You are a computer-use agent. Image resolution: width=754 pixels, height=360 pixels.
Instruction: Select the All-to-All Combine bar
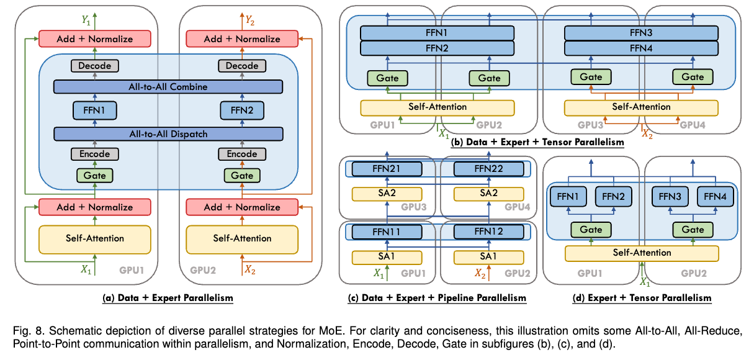tap(168, 87)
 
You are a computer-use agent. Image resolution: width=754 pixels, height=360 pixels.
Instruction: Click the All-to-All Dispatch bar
tap(168, 133)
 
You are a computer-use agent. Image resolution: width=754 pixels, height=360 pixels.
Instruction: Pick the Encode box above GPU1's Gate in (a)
tap(95, 154)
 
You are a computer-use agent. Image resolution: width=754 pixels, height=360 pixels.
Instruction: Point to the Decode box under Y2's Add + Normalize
tap(242, 66)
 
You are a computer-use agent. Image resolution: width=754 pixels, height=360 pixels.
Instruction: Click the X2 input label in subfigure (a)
tap(249, 269)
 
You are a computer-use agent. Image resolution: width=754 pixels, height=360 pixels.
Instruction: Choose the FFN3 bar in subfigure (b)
tap(641, 32)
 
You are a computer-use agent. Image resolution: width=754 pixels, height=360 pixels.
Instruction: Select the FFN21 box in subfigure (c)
tap(387, 168)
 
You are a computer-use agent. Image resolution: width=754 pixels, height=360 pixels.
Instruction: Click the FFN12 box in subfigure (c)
tap(489, 232)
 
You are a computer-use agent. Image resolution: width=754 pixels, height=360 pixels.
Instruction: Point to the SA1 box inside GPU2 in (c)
tap(489, 256)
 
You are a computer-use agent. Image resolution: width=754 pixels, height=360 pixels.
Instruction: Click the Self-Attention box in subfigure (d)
tap(642, 253)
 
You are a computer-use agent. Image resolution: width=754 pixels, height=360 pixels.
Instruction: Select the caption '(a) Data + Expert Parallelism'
tap(168, 298)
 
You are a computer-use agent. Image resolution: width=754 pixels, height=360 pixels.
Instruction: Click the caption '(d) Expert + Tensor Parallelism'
tap(642, 298)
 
